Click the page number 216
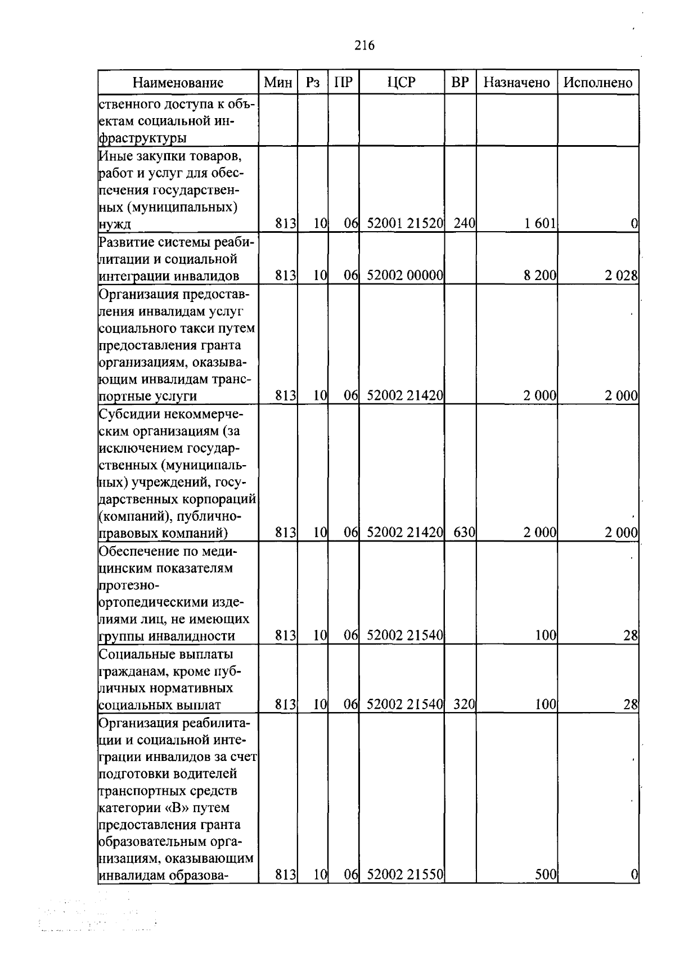coord(364,46)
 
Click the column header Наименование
coord(178,83)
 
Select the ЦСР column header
coord(402,82)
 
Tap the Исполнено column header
coord(598,83)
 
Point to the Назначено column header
coord(516,83)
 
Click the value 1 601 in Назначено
coord(540,224)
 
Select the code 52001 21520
coord(405,224)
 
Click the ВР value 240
coord(464,224)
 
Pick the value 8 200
coord(540,276)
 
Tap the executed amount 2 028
coord(622,276)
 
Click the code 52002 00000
coord(405,276)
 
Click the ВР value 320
coord(464,704)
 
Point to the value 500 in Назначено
coord(546,890)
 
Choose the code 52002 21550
coord(405,890)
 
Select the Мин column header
coord(278,83)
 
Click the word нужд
coord(115,225)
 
